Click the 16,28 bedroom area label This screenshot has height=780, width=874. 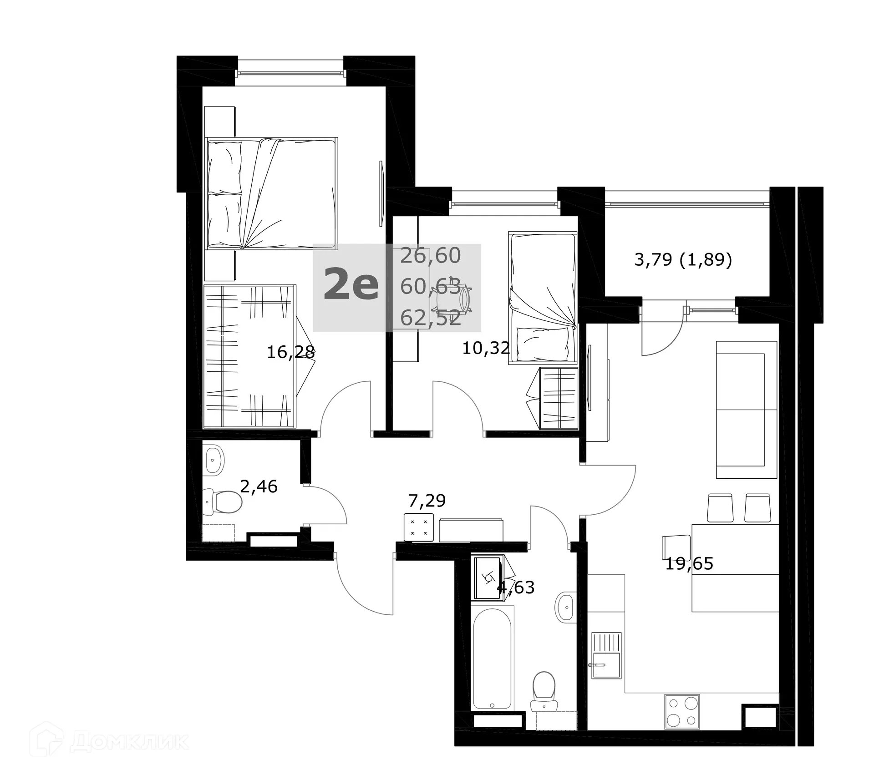tap(290, 352)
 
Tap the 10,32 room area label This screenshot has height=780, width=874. tap(486, 348)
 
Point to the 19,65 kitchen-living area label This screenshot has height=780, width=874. tap(689, 564)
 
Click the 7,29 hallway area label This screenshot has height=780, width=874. tap(427, 501)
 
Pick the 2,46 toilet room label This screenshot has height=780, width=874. tap(259, 486)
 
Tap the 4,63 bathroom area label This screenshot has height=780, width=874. tap(517, 588)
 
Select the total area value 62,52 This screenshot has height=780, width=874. tap(431, 318)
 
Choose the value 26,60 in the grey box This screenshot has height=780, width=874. tap(431, 256)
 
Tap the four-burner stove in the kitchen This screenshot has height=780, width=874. tap(681, 724)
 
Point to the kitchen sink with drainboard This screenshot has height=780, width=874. tap(606, 655)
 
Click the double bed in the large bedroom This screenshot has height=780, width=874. tap(271, 193)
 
